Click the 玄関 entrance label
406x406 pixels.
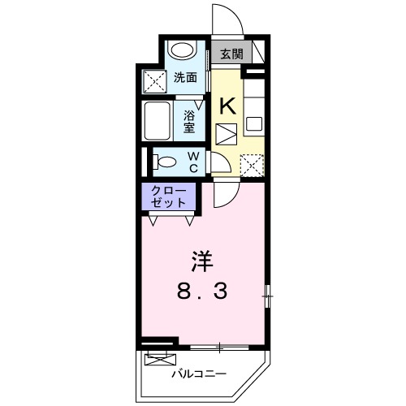coord(231,54)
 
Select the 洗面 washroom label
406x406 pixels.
coord(184,79)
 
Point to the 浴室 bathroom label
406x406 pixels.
coord(188,121)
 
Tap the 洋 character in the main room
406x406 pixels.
coord(202,261)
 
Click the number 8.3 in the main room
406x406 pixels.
coord(203,291)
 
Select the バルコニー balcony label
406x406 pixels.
coord(199,374)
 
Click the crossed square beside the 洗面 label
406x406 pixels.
coord(153,80)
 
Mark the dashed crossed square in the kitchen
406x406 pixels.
coord(252,165)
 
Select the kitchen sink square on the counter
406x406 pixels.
coord(254,125)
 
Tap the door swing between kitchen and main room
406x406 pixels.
coord(226,193)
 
